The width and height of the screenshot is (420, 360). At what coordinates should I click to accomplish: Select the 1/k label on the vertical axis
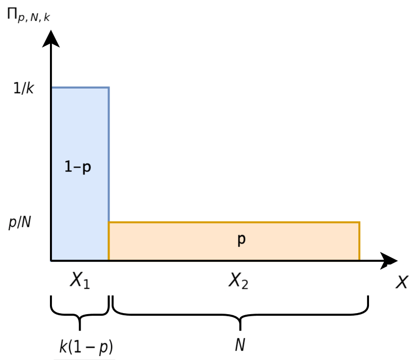pyautogui.click(x=23, y=88)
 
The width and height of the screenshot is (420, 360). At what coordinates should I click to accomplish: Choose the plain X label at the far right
pyautogui.click(x=402, y=282)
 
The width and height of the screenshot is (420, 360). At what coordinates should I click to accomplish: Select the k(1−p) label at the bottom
pyautogui.click(x=86, y=347)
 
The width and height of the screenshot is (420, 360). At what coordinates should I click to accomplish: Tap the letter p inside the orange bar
pyautogui.click(x=242, y=240)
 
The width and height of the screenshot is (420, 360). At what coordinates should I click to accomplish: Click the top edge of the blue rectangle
pyautogui.click(x=81, y=88)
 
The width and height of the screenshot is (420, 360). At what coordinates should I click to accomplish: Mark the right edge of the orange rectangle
pyautogui.click(x=359, y=241)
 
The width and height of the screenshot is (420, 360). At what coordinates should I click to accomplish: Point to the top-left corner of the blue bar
pyautogui.click(x=52, y=88)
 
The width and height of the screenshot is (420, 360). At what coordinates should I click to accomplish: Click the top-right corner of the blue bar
pyautogui.click(x=109, y=88)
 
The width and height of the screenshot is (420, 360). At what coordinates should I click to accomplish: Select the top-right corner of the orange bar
pyautogui.click(x=359, y=223)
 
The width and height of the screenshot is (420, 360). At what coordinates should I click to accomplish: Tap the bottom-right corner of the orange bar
pyautogui.click(x=359, y=260)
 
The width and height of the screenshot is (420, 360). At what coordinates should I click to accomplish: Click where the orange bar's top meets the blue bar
pyautogui.click(x=109, y=223)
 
